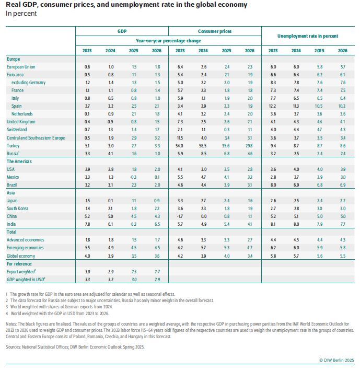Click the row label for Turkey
(x=14, y=145)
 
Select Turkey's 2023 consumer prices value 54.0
(x=180, y=145)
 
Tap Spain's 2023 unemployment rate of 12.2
(x=273, y=106)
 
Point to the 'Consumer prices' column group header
(x=214, y=32)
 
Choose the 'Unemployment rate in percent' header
(x=307, y=36)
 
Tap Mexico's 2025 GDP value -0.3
(x=134, y=177)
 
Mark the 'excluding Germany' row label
(x=28, y=83)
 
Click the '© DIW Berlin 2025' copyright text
(x=336, y=360)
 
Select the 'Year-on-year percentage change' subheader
(x=168, y=40)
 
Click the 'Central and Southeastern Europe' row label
(x=36, y=137)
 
